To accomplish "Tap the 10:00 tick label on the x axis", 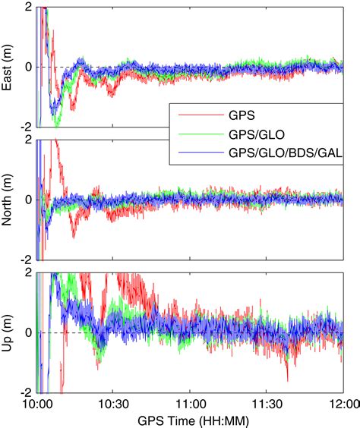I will click(x=37, y=402).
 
